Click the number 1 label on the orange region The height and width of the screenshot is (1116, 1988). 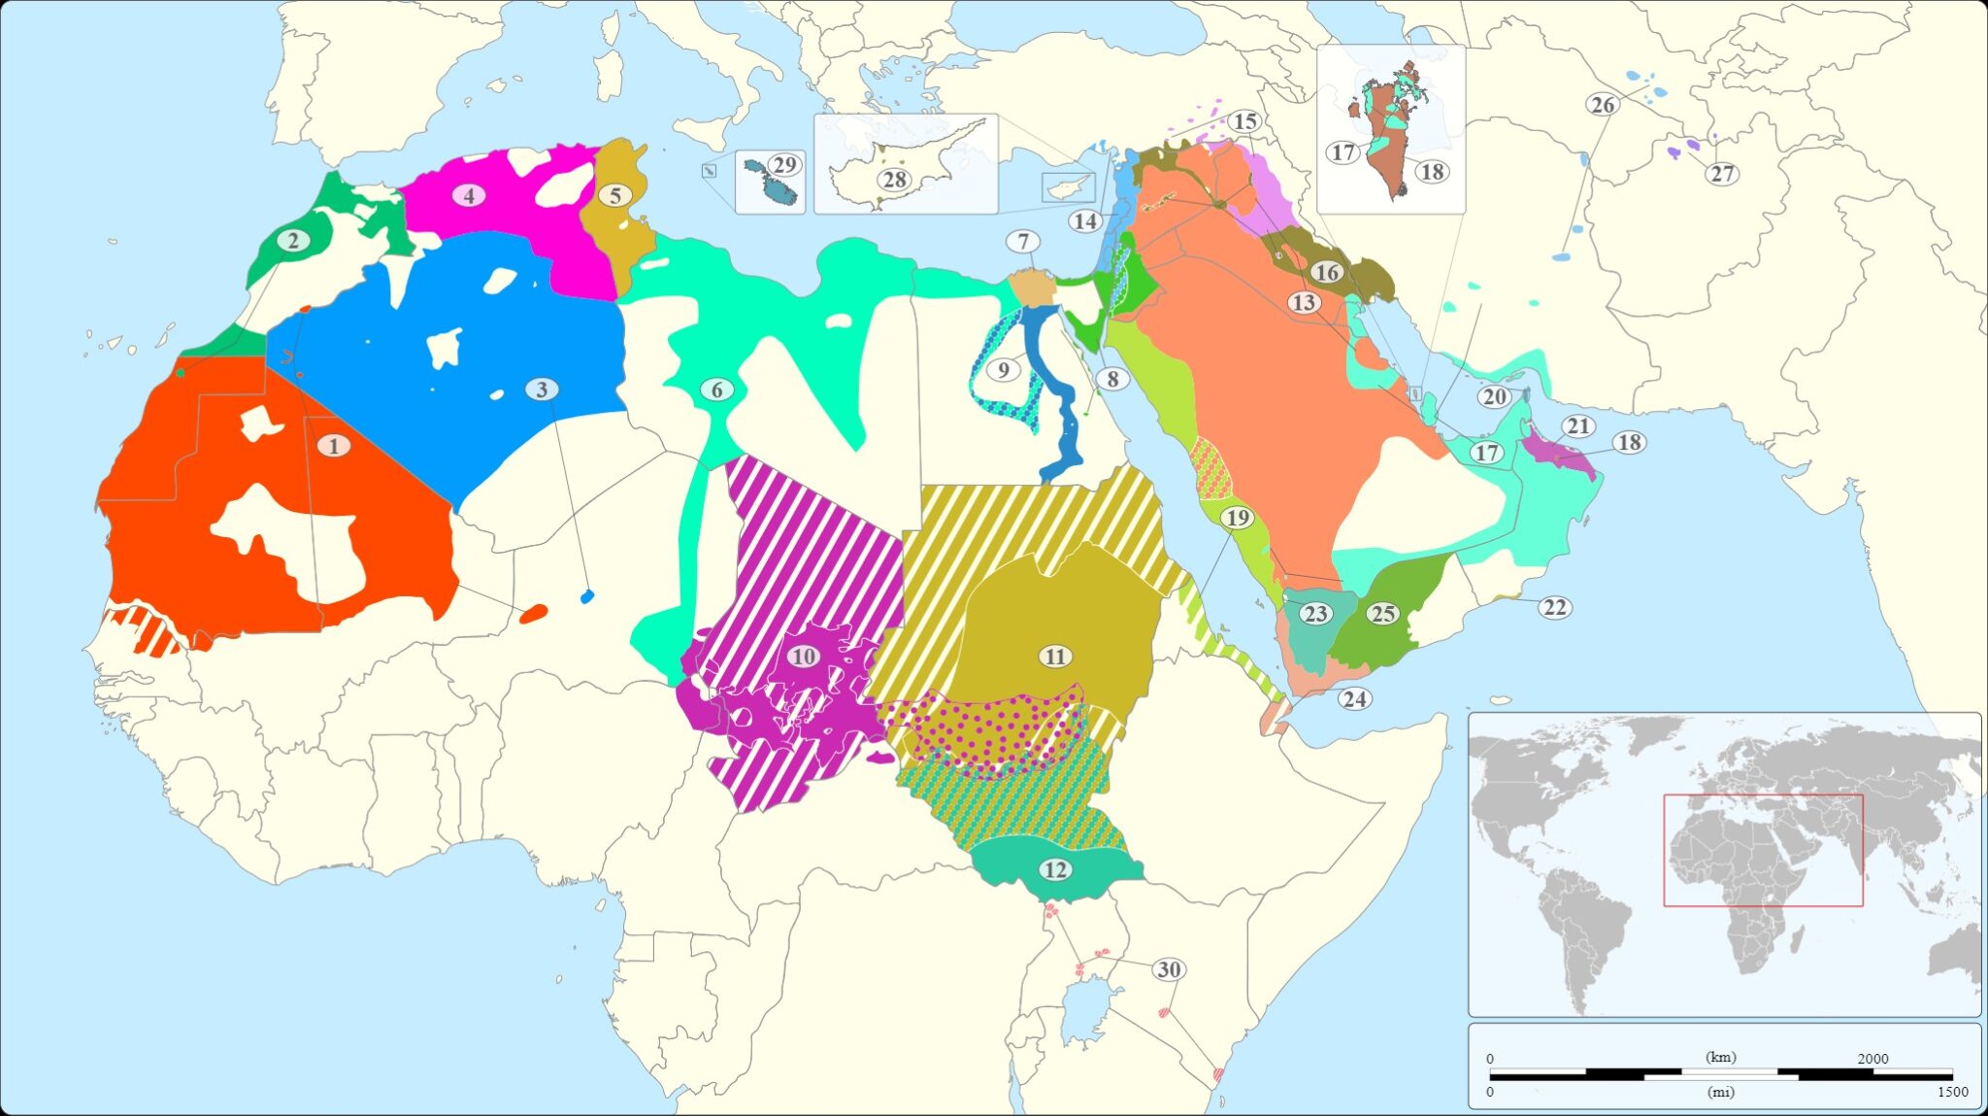tap(334, 446)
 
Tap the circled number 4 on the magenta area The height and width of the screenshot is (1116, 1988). tap(469, 195)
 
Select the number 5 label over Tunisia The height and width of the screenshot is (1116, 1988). tap(614, 195)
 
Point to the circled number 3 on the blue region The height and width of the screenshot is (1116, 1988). tap(542, 389)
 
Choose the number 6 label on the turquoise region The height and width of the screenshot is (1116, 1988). tap(716, 389)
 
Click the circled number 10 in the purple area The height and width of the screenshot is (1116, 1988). tap(803, 657)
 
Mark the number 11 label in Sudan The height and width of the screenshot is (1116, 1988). tap(1055, 657)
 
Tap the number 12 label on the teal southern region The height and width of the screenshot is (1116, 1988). tap(1055, 869)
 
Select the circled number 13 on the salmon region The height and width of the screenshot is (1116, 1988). tap(1303, 302)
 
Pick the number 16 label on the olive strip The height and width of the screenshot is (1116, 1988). tap(1327, 272)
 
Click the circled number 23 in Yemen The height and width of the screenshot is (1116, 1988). tap(1315, 614)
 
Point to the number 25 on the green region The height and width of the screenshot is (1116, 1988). tap(1382, 614)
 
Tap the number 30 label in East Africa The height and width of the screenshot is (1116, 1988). tap(1169, 969)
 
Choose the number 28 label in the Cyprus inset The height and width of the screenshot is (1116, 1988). tap(894, 180)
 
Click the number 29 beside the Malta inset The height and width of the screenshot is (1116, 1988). tap(784, 165)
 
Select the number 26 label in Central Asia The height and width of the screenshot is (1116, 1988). tap(1603, 105)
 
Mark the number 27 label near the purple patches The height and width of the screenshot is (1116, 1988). tap(1722, 174)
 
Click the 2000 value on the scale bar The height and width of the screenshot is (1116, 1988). tap(1872, 1059)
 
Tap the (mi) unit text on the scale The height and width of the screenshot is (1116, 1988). tap(1720, 1093)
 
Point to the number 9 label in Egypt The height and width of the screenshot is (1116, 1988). tap(1004, 369)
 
